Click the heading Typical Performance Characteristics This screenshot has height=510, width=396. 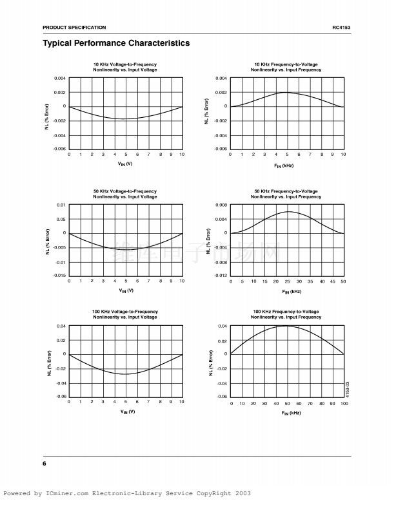pos(116,43)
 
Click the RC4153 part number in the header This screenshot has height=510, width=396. pos(341,27)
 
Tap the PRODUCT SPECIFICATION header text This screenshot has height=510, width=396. pos(74,27)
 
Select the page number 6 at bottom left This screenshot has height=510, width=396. pos(45,464)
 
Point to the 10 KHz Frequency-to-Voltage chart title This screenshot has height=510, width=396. pos(287,67)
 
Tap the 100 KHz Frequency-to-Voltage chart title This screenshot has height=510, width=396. pos(287,314)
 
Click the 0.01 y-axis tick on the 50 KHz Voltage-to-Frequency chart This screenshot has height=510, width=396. pos(61,205)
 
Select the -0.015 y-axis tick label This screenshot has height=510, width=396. pos(59,276)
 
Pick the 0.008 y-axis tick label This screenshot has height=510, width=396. pos(221,205)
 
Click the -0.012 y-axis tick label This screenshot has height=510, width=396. pos(220,276)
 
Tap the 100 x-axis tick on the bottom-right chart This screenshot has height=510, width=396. pos(344,403)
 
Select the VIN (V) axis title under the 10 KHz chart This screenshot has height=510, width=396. pos(125,164)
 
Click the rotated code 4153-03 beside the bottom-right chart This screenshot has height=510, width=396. pos(348,390)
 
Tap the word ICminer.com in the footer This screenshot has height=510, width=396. pos(68,494)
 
